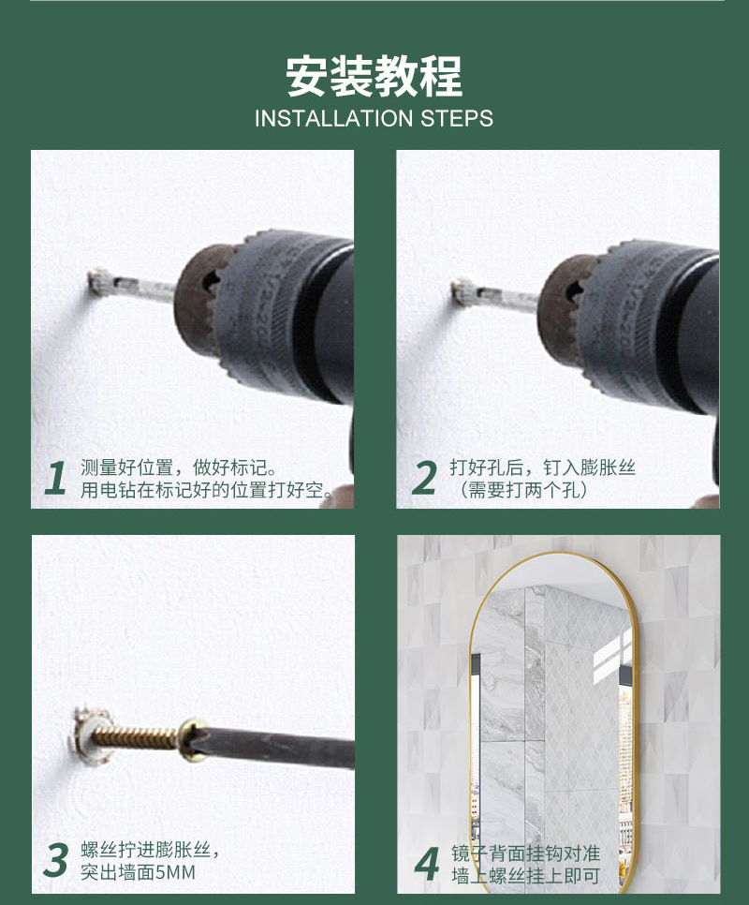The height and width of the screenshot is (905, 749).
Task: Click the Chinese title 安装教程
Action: (x=374, y=76)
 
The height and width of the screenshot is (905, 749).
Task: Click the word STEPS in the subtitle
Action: (x=457, y=118)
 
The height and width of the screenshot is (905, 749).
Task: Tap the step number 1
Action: (x=55, y=478)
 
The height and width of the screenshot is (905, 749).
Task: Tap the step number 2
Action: (x=424, y=478)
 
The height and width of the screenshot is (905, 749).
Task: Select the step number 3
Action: (x=56, y=860)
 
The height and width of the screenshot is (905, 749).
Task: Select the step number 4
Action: (x=427, y=864)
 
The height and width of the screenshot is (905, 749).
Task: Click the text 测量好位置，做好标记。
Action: (x=180, y=467)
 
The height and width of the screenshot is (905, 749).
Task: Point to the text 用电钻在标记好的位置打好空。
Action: (x=206, y=489)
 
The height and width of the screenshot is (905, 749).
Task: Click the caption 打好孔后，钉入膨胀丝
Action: (x=543, y=467)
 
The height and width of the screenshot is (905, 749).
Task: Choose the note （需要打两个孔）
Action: (x=523, y=489)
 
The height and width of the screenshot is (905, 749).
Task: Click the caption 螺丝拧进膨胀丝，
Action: (x=150, y=850)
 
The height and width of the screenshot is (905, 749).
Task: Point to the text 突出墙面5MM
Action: (x=138, y=871)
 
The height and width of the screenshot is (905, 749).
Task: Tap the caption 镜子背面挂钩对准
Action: (x=525, y=853)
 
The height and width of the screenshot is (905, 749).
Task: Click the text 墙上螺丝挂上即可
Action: (x=525, y=875)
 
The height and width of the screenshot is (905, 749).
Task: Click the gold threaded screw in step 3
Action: (x=136, y=737)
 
